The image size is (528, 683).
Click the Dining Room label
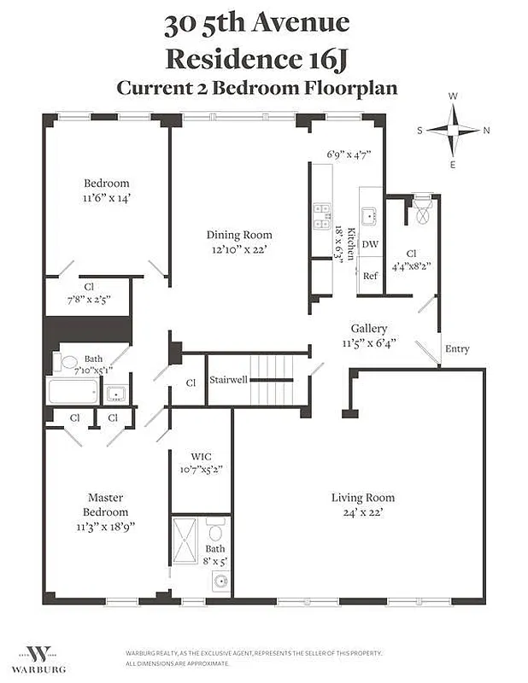click(x=239, y=235)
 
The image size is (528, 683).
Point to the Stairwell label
click(x=228, y=379)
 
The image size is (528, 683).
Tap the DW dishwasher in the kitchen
click(x=370, y=244)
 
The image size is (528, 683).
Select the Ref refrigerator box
click(x=370, y=276)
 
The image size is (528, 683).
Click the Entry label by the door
click(x=457, y=348)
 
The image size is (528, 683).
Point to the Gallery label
click(x=369, y=329)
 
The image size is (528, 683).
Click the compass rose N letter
click(x=486, y=131)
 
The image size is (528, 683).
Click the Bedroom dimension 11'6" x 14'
click(x=106, y=197)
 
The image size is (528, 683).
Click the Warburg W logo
click(x=41, y=652)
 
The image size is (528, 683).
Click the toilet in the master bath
click(x=216, y=534)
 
